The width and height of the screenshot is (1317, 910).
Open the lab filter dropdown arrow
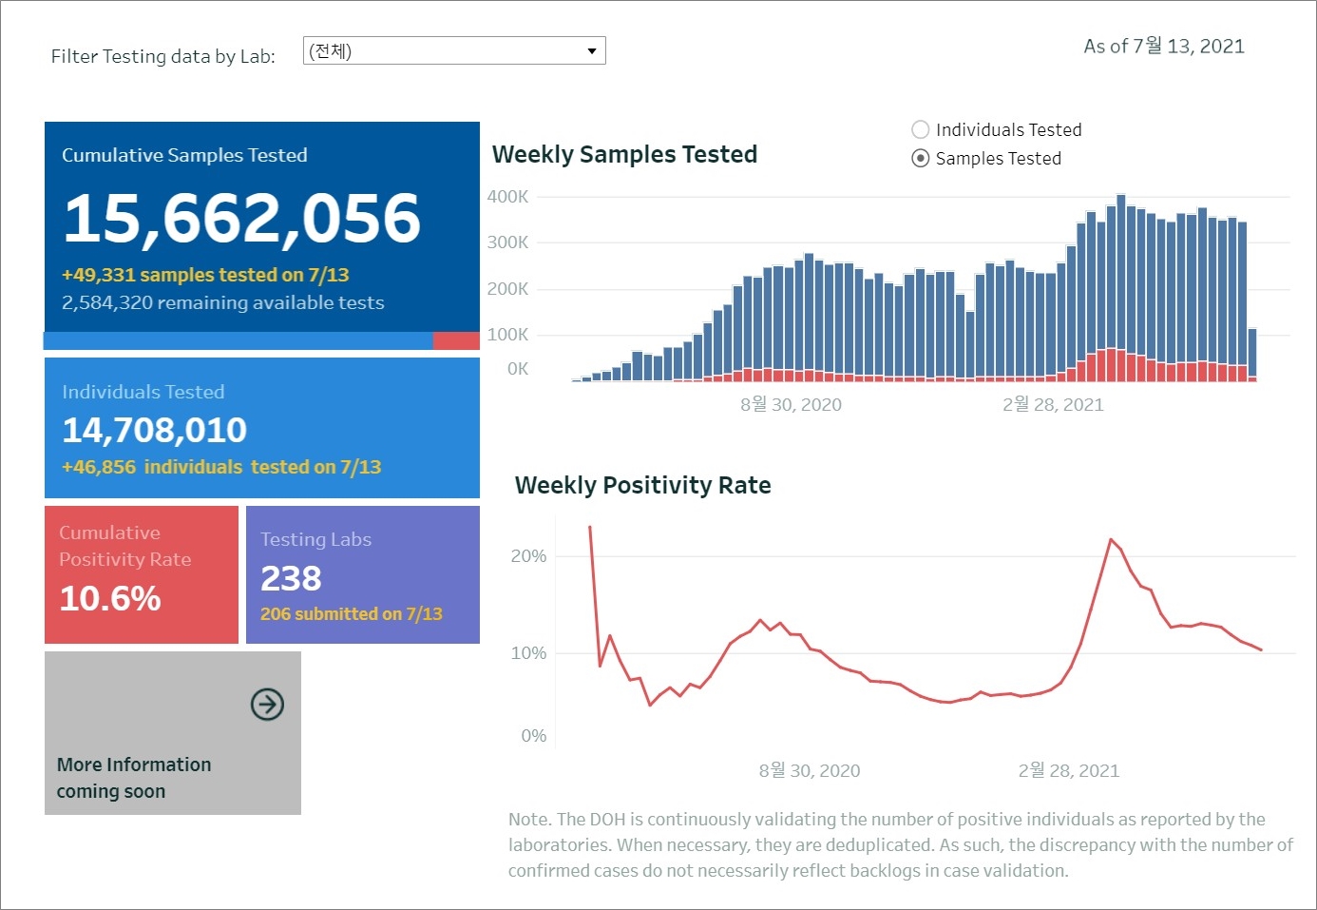[x=591, y=51]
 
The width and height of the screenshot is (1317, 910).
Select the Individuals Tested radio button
[x=920, y=129]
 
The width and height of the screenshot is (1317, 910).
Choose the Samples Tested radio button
[x=920, y=159]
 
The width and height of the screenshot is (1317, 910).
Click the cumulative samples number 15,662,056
[x=241, y=218]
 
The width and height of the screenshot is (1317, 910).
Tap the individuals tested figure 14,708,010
[x=154, y=430]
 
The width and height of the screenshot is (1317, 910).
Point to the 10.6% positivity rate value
[x=110, y=598]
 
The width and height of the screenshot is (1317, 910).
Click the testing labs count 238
[x=291, y=578]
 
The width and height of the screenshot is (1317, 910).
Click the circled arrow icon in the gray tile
[x=267, y=705]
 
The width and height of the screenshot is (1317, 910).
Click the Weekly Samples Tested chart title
[x=624, y=154]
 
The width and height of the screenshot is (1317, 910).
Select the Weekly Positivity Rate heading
[x=642, y=485]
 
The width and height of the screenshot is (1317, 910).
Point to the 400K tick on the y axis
[x=507, y=197]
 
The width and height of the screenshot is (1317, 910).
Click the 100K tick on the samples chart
[x=507, y=335]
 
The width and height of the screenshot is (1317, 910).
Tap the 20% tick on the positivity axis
[x=528, y=556]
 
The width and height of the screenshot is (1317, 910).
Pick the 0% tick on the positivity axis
[x=533, y=736]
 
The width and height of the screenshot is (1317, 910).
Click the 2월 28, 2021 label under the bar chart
[x=1053, y=405]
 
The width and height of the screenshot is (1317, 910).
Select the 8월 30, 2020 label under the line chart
[x=809, y=771]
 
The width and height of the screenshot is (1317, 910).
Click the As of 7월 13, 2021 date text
[x=1163, y=47]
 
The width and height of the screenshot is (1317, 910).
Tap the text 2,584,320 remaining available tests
[x=223, y=302]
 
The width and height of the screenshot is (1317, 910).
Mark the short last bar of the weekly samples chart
[x=1252, y=354]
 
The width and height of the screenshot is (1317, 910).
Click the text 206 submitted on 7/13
[x=352, y=614]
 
